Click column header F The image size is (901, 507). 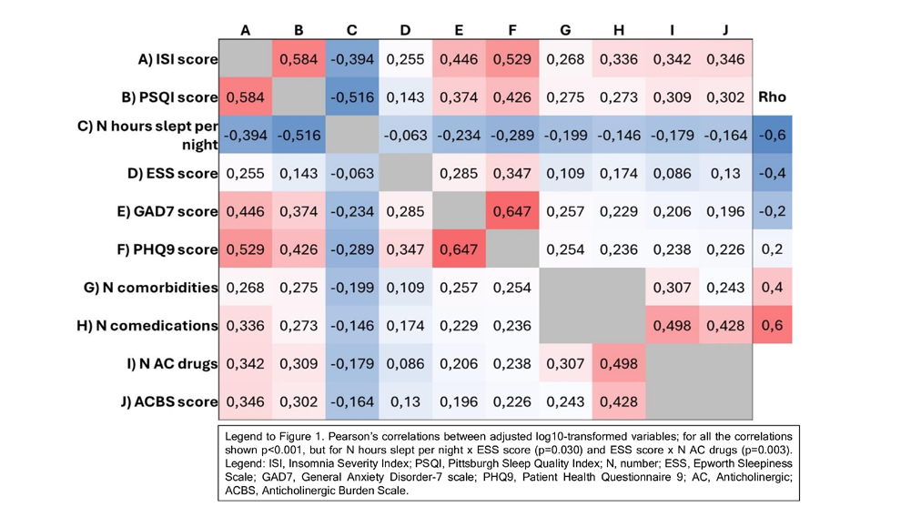[512, 30]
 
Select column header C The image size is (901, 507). [351, 30]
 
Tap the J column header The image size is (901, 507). [725, 30]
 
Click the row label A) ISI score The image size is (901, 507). [177, 59]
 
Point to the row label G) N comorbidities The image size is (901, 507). [150, 288]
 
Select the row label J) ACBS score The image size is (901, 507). [169, 401]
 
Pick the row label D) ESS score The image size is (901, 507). [172, 173]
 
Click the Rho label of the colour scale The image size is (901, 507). [772, 96]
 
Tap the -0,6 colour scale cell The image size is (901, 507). [773, 135]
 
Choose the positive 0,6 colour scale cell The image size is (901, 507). [773, 325]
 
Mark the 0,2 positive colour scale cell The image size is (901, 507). [773, 248]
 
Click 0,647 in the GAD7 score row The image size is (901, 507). [512, 211]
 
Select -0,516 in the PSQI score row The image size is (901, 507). [352, 97]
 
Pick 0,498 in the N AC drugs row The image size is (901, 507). [619, 363]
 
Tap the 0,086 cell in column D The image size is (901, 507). [406, 363]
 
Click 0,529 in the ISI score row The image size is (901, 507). [512, 59]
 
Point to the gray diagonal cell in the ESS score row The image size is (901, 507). [406, 173]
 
